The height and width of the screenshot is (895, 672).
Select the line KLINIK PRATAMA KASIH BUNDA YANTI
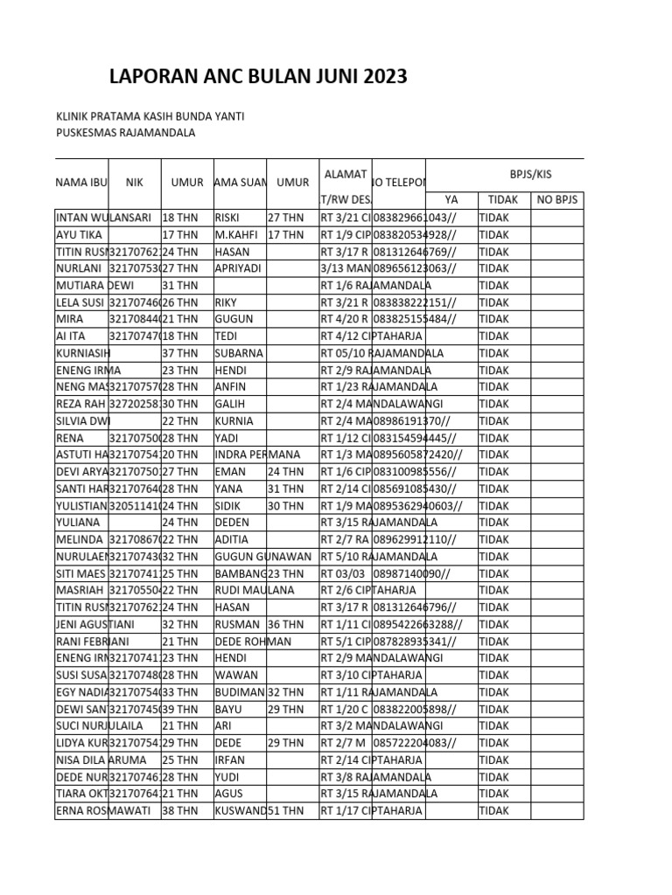pyautogui.click(x=150, y=116)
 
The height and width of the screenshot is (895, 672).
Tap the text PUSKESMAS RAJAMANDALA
pyautogui.click(x=125, y=133)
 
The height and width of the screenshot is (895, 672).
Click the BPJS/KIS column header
pyautogui.click(x=530, y=174)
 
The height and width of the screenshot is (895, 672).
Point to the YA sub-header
pyautogui.click(x=451, y=199)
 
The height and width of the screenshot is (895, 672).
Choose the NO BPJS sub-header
pyautogui.click(x=556, y=199)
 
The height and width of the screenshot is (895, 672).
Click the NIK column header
pyautogui.click(x=134, y=183)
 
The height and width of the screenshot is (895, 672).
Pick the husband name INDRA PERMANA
pyautogui.click(x=257, y=454)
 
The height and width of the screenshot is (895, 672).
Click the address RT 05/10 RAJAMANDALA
pyautogui.click(x=381, y=353)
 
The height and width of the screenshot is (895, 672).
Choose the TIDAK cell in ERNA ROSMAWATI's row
pyautogui.click(x=493, y=810)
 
